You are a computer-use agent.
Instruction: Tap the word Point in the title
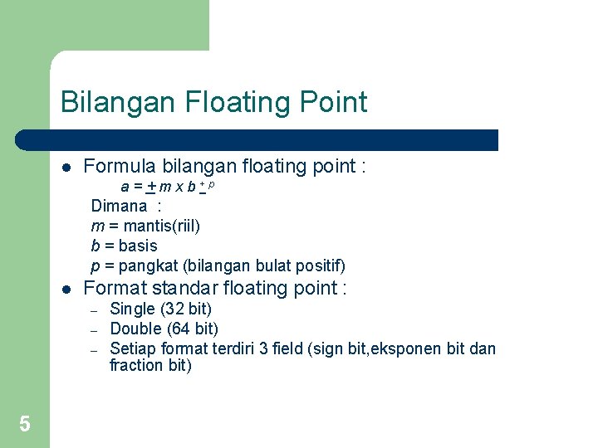pyautogui.click(x=332, y=103)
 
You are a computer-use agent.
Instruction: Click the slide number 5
pyautogui.click(x=25, y=425)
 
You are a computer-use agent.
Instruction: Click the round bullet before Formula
pyautogui.click(x=66, y=167)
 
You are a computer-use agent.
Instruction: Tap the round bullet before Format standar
pyautogui.click(x=66, y=290)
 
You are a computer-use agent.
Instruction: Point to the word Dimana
pyautogui.click(x=119, y=206)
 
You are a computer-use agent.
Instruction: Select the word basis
pyautogui.click(x=138, y=246)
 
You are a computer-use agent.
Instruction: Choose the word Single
pyautogui.click(x=133, y=309)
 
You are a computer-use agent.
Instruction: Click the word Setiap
pyautogui.click(x=133, y=348)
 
